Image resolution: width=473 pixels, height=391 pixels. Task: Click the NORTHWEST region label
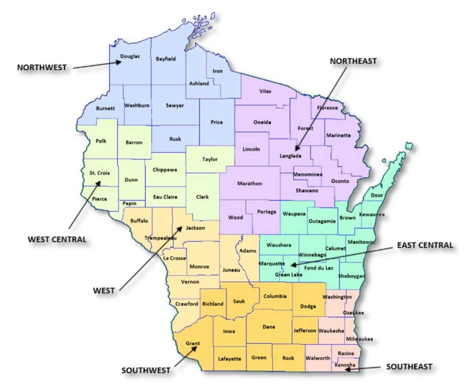pos(42,67)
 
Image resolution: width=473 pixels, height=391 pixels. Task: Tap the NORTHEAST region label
pos(353,61)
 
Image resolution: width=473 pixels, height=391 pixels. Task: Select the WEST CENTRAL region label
pos(57,239)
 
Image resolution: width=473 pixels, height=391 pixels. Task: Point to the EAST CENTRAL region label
pos(424,245)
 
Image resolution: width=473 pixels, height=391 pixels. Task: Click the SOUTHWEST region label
pos(146,370)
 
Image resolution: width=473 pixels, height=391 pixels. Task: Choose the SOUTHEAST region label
pos(409,367)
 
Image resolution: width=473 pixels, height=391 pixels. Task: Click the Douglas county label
pos(130,56)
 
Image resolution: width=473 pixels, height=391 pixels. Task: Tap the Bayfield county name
pos(165,59)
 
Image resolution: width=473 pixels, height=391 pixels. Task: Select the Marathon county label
pos(249,183)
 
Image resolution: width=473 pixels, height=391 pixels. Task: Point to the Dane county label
pos(268,327)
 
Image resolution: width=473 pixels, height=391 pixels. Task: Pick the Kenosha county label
pos(345,365)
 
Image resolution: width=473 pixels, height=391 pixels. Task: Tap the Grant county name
pos(192,343)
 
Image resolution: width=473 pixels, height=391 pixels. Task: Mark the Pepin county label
pos(129,203)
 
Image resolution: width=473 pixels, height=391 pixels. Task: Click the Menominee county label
pos(308,174)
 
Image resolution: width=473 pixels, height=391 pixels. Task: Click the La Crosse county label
pos(174,258)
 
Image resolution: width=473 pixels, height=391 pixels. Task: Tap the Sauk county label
pos(239,301)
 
